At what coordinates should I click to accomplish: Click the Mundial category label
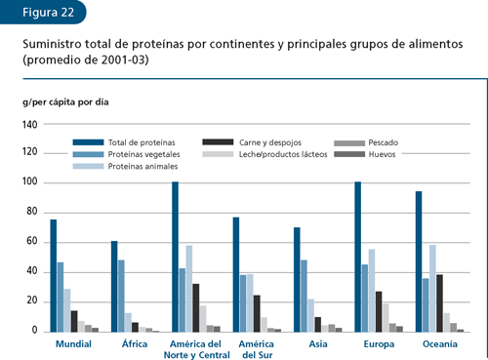click(74, 344)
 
